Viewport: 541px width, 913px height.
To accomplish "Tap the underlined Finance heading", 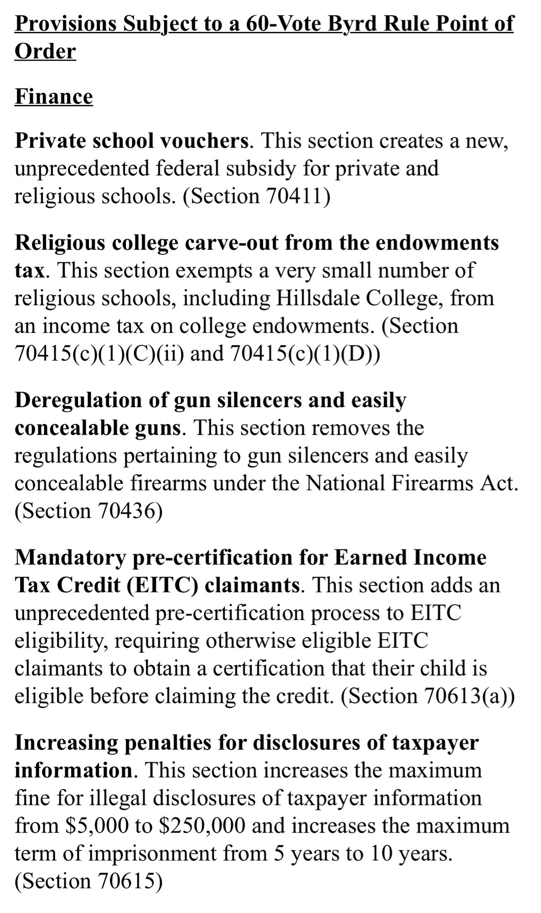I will pos(54,96).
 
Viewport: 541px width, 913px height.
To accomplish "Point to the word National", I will pos(349,483).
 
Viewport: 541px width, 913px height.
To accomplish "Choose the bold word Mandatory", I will pos(70,557).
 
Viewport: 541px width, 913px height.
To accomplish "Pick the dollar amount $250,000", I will pos(202,825).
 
